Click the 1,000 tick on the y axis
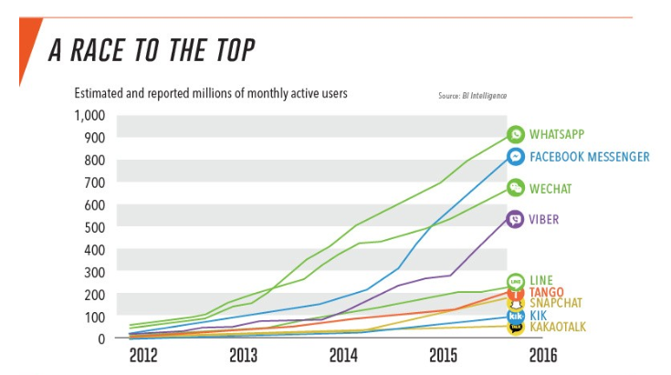89,116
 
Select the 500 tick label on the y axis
95,227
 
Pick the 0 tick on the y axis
102,339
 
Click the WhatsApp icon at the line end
516,135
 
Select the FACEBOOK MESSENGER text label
589,157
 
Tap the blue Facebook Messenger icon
516,157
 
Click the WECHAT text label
550,189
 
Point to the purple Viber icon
516,219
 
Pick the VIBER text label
544,219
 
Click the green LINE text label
541,280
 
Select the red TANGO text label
546,292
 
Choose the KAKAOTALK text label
558,327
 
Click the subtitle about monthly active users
210,94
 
